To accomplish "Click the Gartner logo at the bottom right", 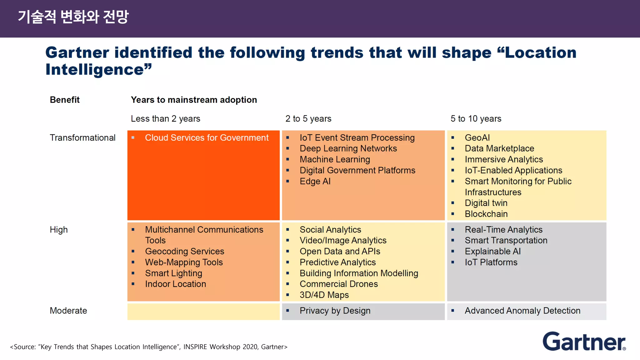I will pos(584,342).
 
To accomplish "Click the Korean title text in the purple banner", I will pos(73,17).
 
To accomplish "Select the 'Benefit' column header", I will pos(65,100).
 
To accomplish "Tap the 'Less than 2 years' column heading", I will pos(165,119).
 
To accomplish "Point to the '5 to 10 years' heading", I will pos(476,119).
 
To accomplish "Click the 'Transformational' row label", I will pos(82,138).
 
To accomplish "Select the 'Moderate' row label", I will pos(68,311).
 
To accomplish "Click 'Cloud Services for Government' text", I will pos(207,138).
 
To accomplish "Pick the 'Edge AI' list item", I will pos(315,181).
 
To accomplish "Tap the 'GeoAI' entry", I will pos(477,138).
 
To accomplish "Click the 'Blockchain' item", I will pos(486,214).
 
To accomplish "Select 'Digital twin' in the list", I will pos(486,203).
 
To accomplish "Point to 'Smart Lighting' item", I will pos(173,273).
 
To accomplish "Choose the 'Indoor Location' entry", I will pos(175,284).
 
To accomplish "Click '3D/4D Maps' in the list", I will pos(324,295).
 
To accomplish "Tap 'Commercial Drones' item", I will pos(338,284).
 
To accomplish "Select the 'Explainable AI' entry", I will pos(492,252).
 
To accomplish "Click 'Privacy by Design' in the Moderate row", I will pos(335,311).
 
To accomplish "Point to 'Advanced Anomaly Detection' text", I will pos(522,311).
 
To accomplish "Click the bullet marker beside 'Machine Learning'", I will pos(287,159).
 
